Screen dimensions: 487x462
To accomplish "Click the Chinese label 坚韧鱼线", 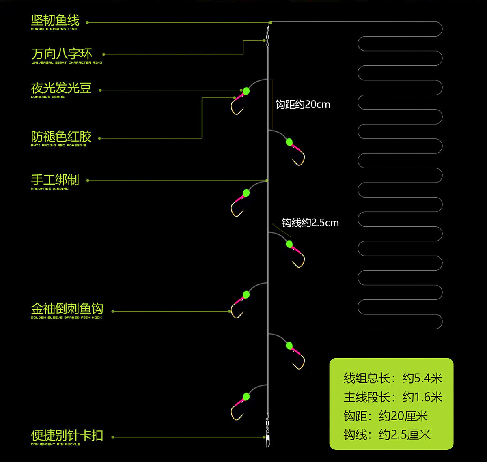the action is pyautogui.click(x=55, y=20).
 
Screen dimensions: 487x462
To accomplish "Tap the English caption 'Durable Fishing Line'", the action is pyautogui.click(x=54, y=29).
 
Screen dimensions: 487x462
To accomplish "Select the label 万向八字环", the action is pyautogui.click(x=62, y=54).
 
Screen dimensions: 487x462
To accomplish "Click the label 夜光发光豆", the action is pyautogui.click(x=61, y=88).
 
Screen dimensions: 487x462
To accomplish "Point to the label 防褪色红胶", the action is pyautogui.click(x=61, y=136).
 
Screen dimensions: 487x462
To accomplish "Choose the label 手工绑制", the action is pyautogui.click(x=55, y=180).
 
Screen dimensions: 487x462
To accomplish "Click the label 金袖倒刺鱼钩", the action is pyautogui.click(x=67, y=309).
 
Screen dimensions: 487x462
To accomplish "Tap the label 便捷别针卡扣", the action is pyautogui.click(x=67, y=435).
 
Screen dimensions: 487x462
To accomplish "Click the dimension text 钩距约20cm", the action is pyautogui.click(x=303, y=105).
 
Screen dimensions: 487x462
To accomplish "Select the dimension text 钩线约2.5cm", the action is pyautogui.click(x=310, y=223).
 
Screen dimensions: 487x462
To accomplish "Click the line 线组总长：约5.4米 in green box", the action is pyautogui.click(x=393, y=378).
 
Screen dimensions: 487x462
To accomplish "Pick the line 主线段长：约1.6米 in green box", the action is pyautogui.click(x=393, y=397).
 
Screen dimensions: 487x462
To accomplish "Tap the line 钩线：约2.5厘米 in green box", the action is pyautogui.click(x=387, y=435).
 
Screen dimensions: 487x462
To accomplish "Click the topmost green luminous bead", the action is pyautogui.click(x=246, y=91).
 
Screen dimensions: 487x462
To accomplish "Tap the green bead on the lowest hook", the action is pyautogui.click(x=246, y=397).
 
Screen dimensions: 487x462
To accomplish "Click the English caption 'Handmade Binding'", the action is pyautogui.click(x=50, y=189).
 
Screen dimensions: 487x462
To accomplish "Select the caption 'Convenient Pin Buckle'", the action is pyautogui.click(x=56, y=445).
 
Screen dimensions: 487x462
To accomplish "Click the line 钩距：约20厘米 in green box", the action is pyautogui.click(x=386, y=416).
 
